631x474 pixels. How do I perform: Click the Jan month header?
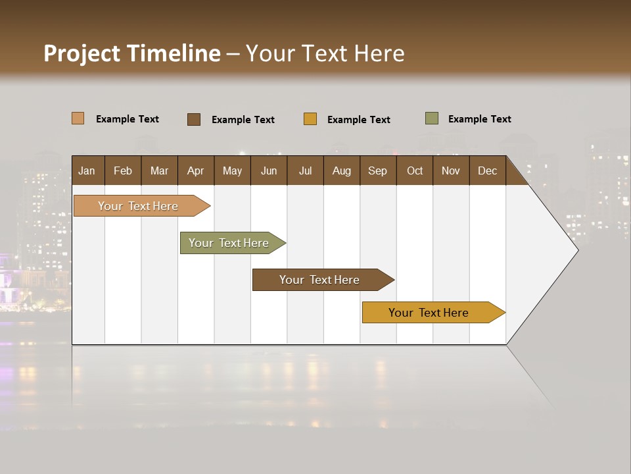click(x=87, y=171)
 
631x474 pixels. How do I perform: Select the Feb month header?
click(x=123, y=171)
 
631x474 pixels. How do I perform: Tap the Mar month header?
click(x=159, y=171)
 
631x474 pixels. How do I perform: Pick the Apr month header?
click(x=196, y=171)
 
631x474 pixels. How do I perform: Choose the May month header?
click(x=232, y=171)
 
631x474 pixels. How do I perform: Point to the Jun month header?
click(x=269, y=171)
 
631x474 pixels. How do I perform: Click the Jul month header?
click(x=305, y=171)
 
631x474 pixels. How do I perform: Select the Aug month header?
click(x=342, y=171)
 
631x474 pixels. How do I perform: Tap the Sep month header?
click(x=378, y=171)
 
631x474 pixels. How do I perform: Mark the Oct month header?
click(x=415, y=171)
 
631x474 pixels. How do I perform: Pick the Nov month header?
click(x=451, y=171)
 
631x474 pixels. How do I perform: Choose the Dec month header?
click(x=488, y=171)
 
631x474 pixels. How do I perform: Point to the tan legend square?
click(x=78, y=118)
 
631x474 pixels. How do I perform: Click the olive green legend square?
click(x=432, y=118)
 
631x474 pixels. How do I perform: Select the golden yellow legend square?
click(x=310, y=119)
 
